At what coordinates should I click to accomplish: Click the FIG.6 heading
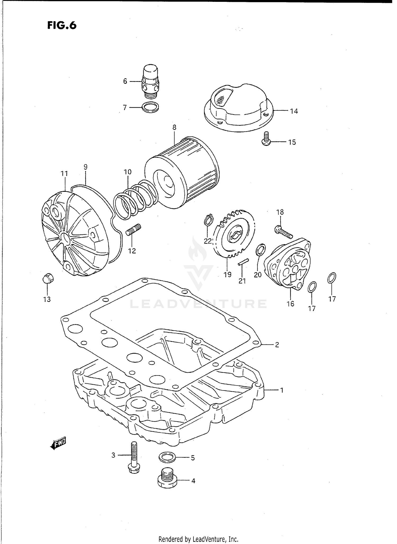click(x=62, y=25)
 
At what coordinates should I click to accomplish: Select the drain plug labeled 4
click(x=167, y=480)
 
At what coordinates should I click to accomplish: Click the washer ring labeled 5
click(x=167, y=457)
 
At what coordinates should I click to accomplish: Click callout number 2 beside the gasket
click(x=277, y=345)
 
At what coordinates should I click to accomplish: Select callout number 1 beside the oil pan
click(x=282, y=390)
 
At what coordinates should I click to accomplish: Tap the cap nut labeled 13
click(x=48, y=278)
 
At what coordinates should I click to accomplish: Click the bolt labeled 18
click(x=283, y=231)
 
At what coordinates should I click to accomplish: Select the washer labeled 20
click(x=260, y=250)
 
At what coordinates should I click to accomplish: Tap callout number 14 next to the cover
click(x=294, y=111)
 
